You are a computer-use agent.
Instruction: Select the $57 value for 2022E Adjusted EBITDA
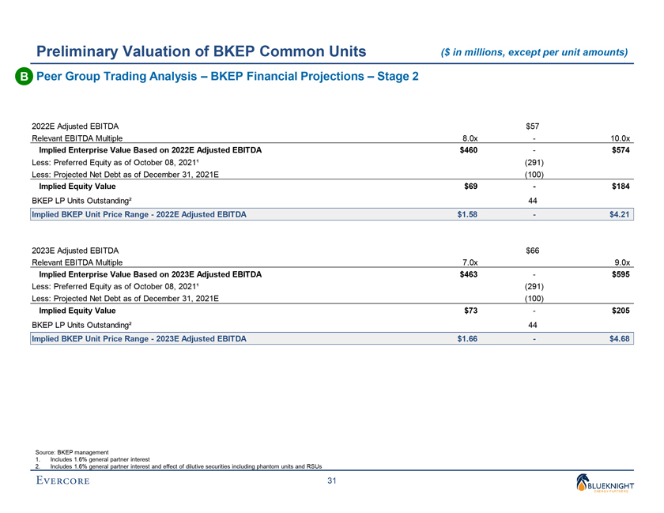click(x=534, y=125)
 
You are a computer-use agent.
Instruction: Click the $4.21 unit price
click(x=620, y=213)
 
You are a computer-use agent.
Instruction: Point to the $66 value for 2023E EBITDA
click(x=534, y=251)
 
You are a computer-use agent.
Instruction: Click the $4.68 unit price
click(x=620, y=339)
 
